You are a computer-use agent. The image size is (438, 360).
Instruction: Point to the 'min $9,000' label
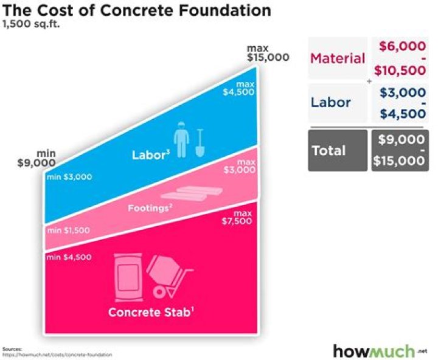(x=37, y=159)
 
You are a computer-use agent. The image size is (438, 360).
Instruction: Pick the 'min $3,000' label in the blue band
(x=69, y=177)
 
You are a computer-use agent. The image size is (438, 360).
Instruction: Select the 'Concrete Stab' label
(x=150, y=313)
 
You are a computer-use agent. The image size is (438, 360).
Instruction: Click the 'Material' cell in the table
(x=338, y=58)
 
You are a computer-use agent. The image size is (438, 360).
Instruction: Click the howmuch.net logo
(x=377, y=351)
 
